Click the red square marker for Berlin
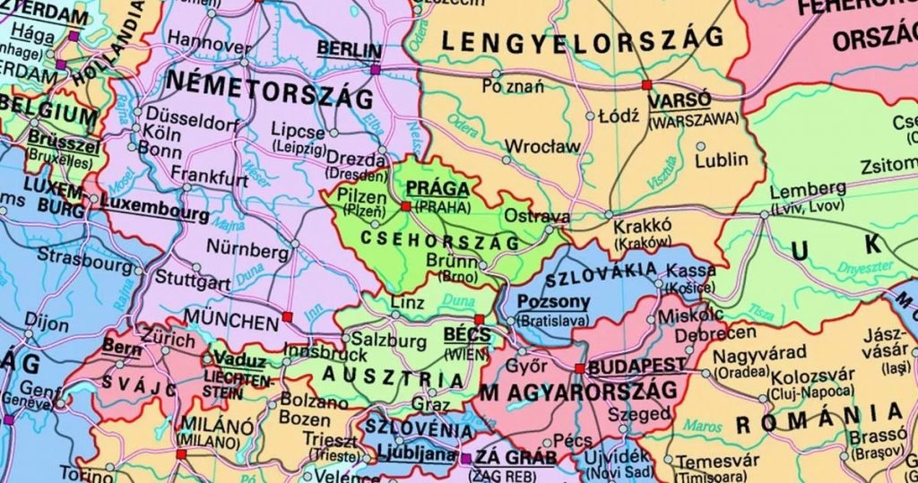[375, 68]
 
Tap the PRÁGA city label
[437, 188]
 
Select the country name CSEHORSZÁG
[438, 241]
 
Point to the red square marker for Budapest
[580, 368]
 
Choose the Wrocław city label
[542, 146]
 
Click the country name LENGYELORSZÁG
[582, 39]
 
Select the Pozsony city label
[554, 302]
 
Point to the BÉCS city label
[467, 335]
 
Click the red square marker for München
[287, 316]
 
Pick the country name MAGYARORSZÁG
[578, 392]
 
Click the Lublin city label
[722, 160]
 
